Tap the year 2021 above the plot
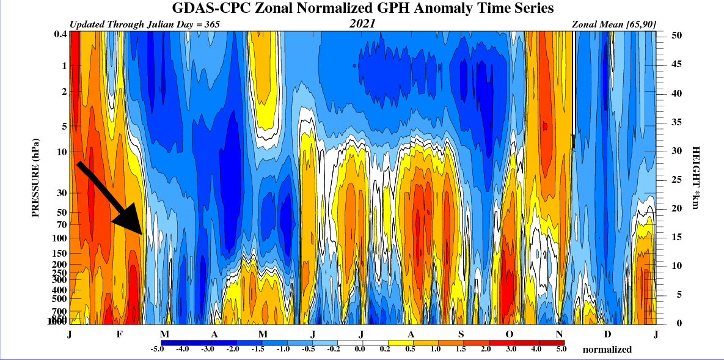coord(362,24)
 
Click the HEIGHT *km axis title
coord(695,177)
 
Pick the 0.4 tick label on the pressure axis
coord(59,34)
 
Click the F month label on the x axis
coord(119,334)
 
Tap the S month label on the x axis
coord(461,334)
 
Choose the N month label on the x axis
coord(559,334)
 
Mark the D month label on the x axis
coord(607,334)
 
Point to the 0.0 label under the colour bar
coord(359,349)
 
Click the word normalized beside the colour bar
coord(607,350)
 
